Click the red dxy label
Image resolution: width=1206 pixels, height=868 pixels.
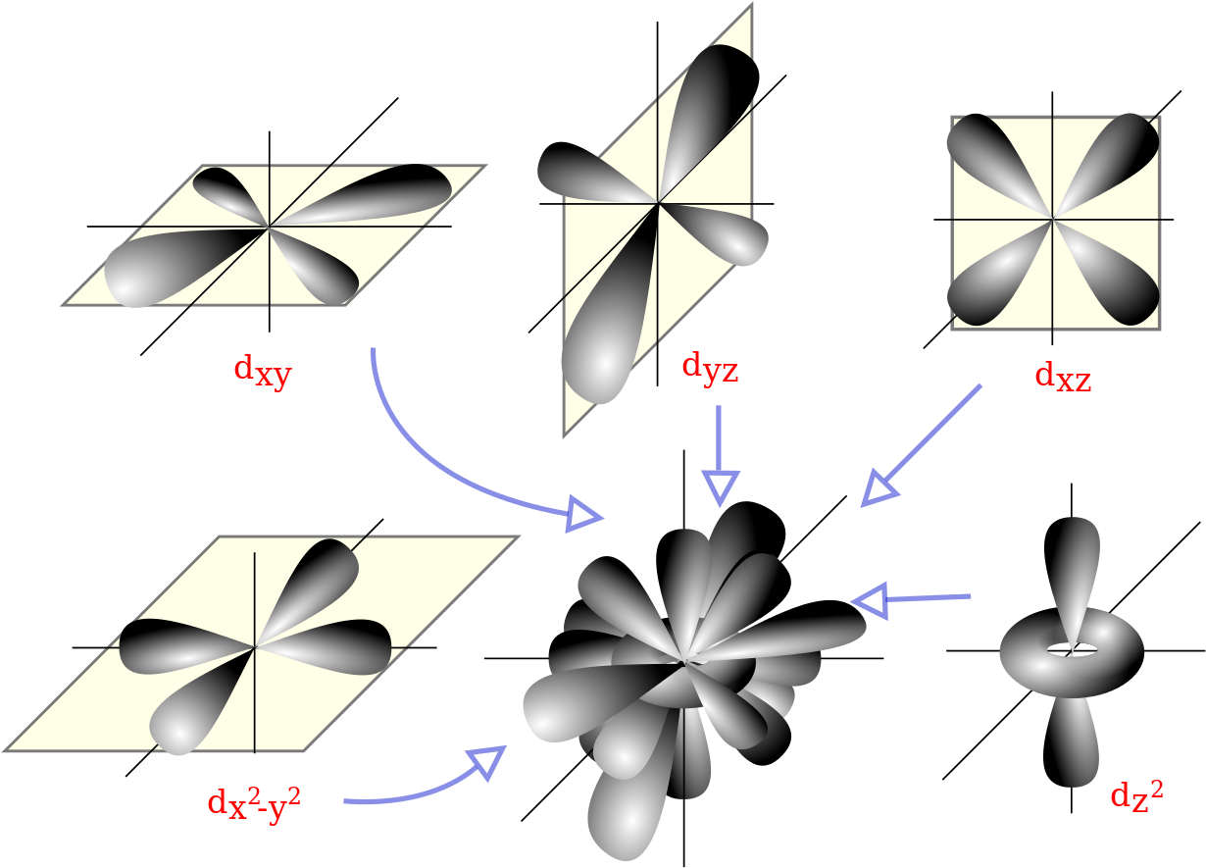[262, 372]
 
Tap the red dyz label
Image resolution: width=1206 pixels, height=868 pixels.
[710, 368]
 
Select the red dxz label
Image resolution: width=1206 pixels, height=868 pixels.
[1063, 377]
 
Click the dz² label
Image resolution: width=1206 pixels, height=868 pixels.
[1136, 794]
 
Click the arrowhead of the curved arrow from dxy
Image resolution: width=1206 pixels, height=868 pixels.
[585, 515]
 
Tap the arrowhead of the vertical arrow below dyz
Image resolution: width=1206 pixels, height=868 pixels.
[721, 487]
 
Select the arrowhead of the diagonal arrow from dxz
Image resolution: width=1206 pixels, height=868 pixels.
[877, 489]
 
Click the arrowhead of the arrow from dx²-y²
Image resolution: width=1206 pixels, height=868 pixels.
[487, 761]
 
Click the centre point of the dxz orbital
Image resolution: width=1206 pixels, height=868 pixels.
[1053, 220]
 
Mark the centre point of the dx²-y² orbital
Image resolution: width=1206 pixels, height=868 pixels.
[255, 646]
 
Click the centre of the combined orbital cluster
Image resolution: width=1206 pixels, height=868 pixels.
[684, 663]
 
